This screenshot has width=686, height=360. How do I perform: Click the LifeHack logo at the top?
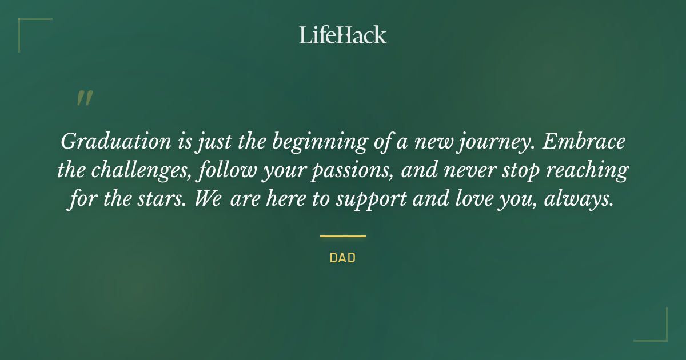pyautogui.click(x=342, y=35)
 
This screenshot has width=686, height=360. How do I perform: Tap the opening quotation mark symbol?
pyautogui.click(x=84, y=99)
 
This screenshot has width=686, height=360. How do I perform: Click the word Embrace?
pyautogui.click(x=584, y=142)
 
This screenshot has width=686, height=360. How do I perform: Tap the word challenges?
pyautogui.click(x=145, y=171)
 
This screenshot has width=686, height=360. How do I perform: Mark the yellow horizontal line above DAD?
pyautogui.click(x=342, y=235)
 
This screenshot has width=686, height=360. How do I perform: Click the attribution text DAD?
pyautogui.click(x=342, y=258)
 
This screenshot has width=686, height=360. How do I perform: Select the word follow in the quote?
pyautogui.click(x=248, y=171)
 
